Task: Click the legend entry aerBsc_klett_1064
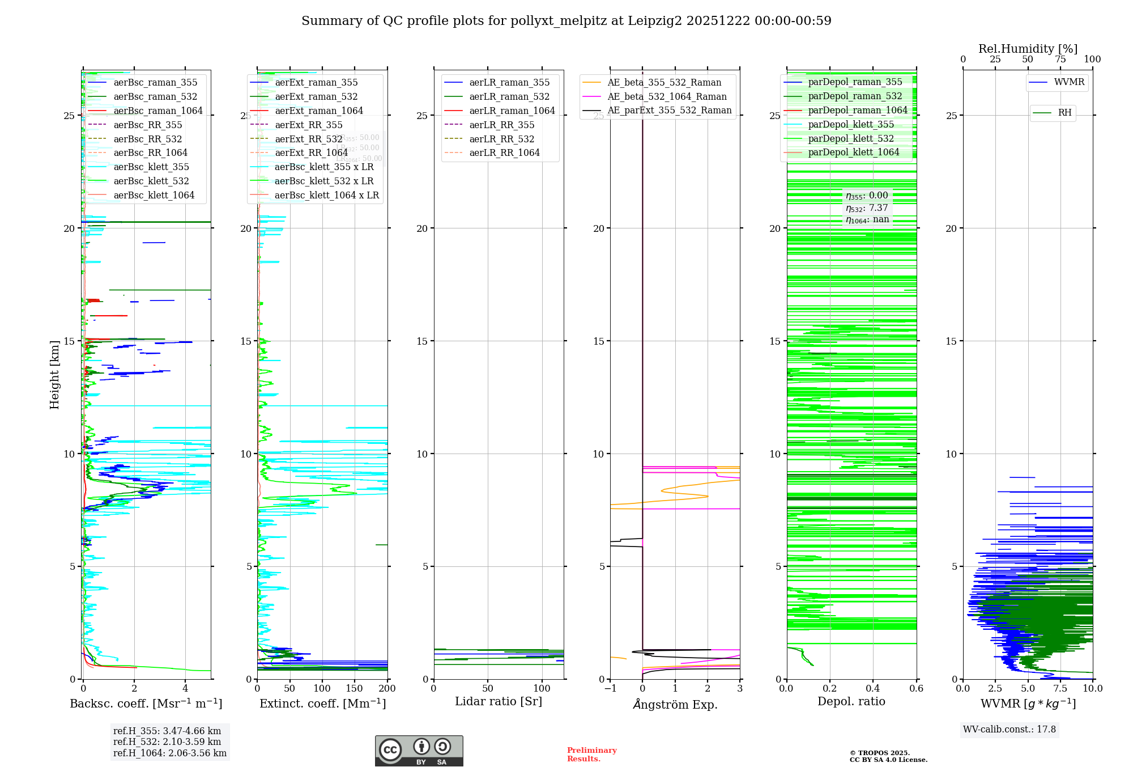(x=154, y=195)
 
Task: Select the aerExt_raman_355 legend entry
(x=316, y=83)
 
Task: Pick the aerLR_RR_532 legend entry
(x=501, y=139)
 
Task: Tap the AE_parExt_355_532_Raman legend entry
(x=669, y=111)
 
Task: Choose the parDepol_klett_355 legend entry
(x=851, y=125)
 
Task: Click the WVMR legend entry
(x=1069, y=82)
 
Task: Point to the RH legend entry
(x=1064, y=113)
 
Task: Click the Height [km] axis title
(x=54, y=374)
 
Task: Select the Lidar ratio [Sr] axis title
(x=499, y=701)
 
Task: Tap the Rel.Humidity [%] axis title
(x=1028, y=49)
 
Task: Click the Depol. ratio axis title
(x=851, y=701)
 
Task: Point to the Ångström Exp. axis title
(x=675, y=704)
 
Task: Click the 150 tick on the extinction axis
(x=355, y=688)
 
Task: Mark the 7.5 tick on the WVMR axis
(x=1060, y=688)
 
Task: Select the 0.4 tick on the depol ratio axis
(x=873, y=688)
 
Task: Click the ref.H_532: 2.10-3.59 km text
(x=167, y=742)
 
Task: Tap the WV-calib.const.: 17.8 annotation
(x=1010, y=729)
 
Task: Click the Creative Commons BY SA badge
(x=419, y=751)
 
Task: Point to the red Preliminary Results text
(x=591, y=754)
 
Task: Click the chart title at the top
(x=566, y=21)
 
